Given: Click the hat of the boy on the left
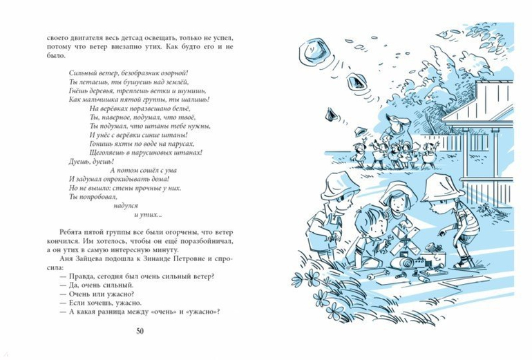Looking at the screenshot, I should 339,184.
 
